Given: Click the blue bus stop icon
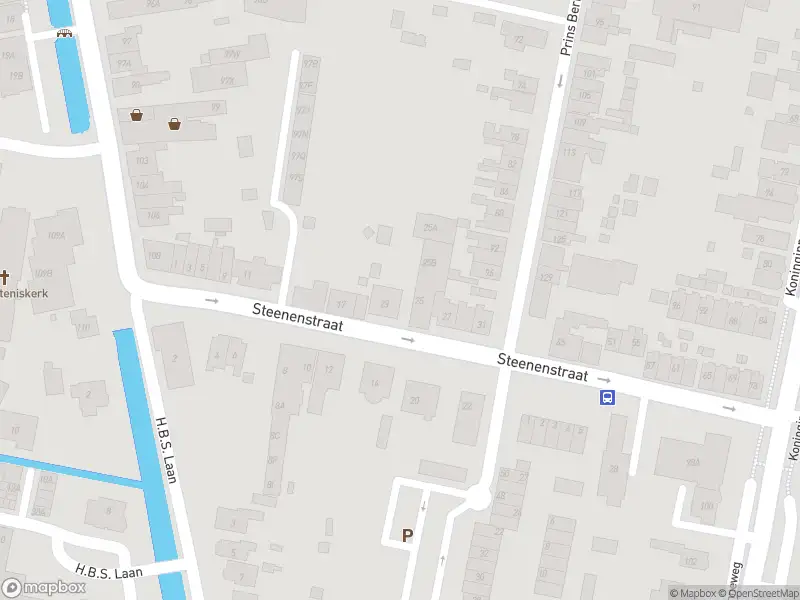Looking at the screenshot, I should pos(607,398).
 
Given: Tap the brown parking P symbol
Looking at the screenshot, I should pos(407,535).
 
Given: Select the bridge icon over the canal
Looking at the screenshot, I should pos(65,32).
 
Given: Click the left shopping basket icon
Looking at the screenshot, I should pos(136,115).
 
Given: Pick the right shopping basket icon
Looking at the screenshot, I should pos(175,124).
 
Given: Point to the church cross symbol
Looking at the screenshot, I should pos(4,277).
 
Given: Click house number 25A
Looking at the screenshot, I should pos(431,228).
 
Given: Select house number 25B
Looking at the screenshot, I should pos(430,262).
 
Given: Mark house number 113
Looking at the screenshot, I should pos(570,152).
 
